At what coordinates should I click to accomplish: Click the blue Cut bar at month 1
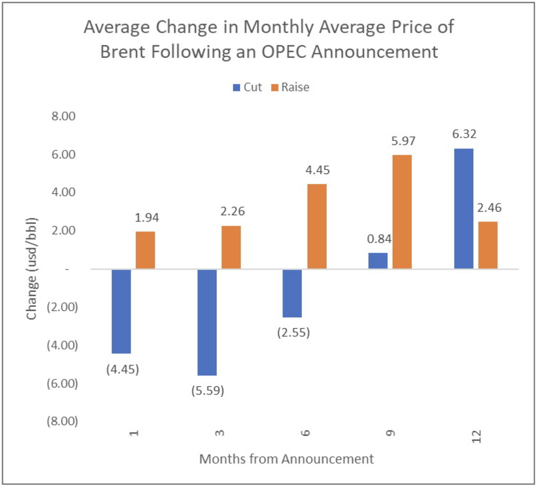[121, 311]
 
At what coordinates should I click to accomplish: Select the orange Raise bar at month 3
[231, 247]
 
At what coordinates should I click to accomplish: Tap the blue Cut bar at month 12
[464, 208]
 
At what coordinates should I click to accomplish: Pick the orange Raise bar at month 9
[402, 212]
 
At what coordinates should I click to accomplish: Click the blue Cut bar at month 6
[292, 293]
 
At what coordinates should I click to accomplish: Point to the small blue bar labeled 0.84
[378, 261]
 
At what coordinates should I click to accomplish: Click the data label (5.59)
[208, 391]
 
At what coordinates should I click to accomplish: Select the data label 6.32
[464, 134]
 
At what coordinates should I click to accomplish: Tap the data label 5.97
[403, 141]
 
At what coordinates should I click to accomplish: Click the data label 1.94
[146, 217]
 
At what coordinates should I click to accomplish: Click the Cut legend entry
[248, 87]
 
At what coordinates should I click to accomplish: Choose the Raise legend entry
[290, 87]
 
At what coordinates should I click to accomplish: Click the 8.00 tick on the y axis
[63, 116]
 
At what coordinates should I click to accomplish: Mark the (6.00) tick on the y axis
[62, 383]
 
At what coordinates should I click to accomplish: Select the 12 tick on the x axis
[476, 436]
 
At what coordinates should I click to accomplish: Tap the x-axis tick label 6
[305, 433]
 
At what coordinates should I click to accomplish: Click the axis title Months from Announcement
[286, 459]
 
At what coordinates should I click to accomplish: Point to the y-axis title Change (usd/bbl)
[32, 269]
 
